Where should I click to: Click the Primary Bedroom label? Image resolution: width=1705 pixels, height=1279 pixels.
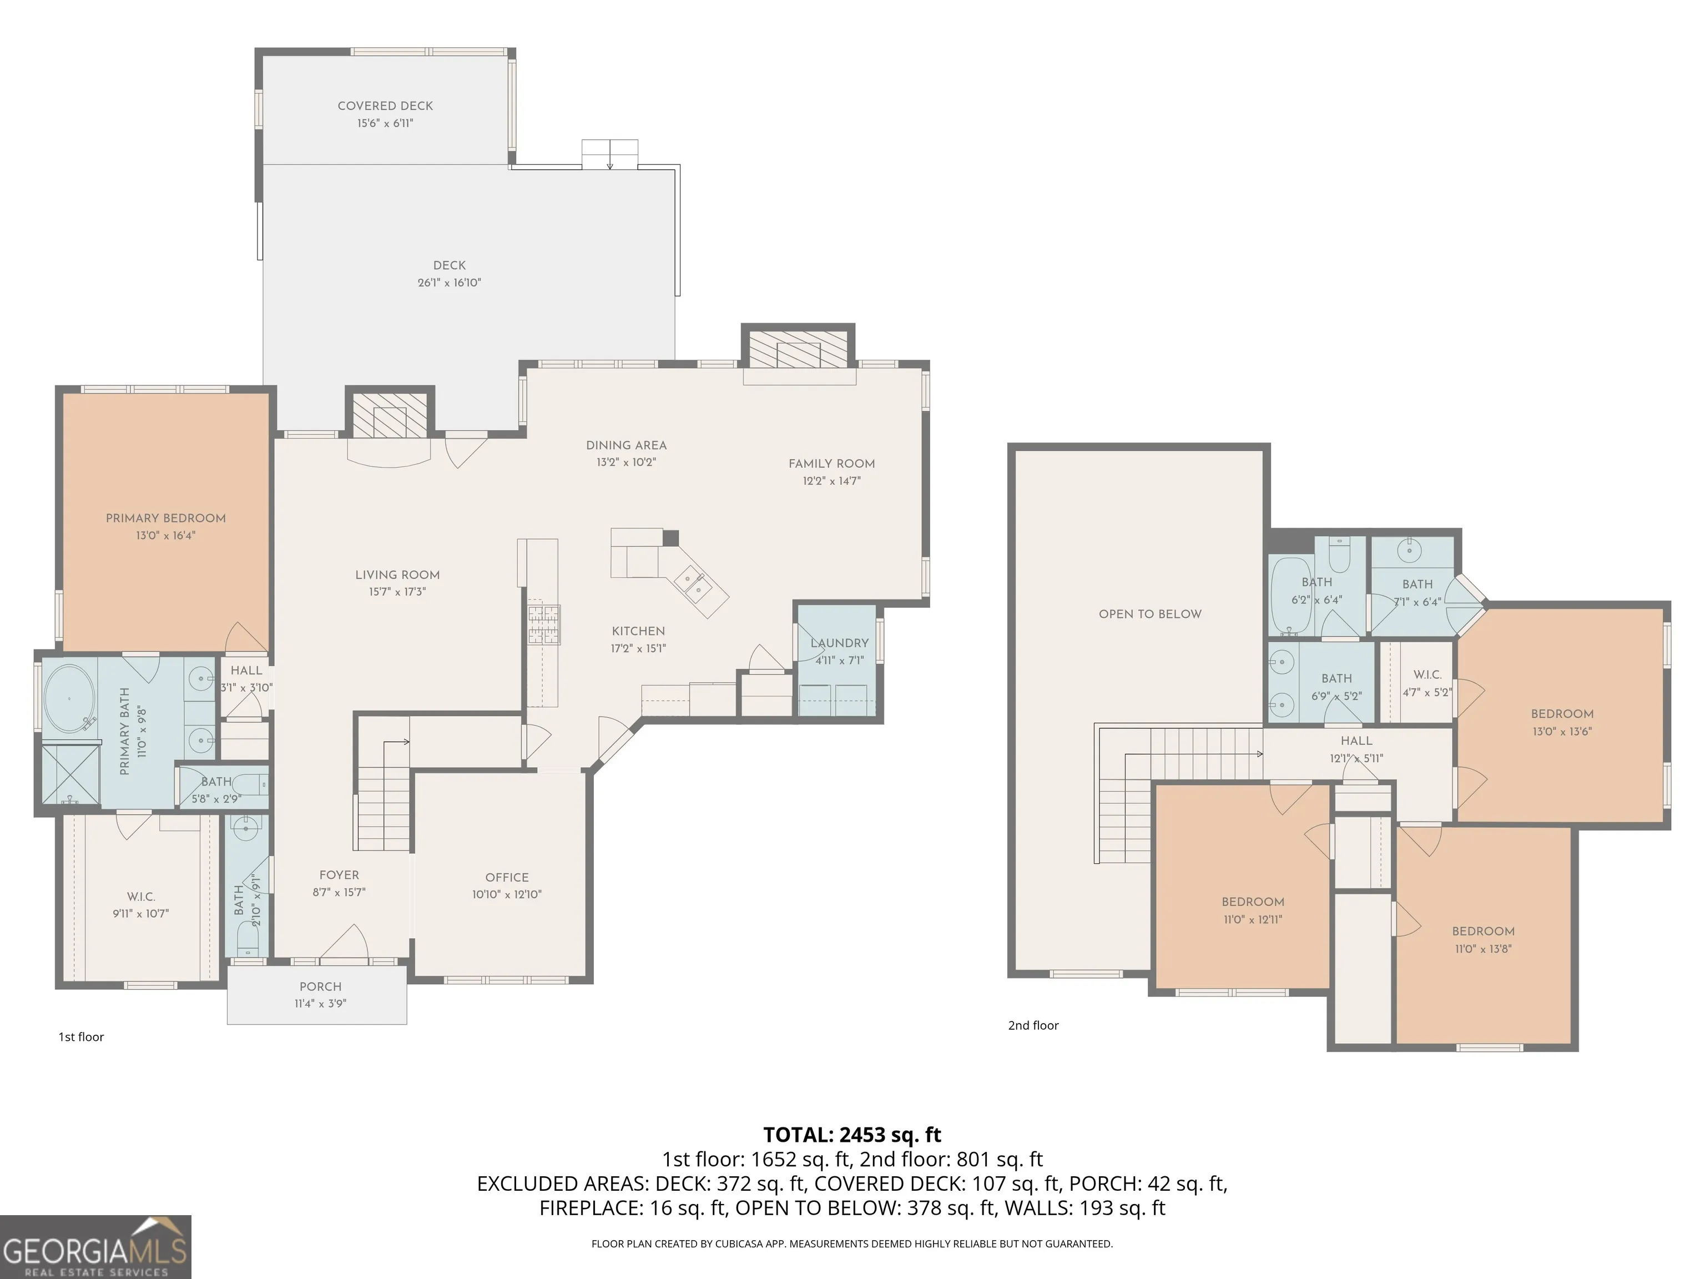click(x=166, y=518)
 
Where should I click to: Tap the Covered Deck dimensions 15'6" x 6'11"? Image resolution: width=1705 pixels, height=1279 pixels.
click(x=385, y=123)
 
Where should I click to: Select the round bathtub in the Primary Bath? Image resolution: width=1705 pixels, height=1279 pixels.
click(x=69, y=698)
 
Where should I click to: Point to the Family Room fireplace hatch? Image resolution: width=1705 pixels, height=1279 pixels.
click(x=799, y=350)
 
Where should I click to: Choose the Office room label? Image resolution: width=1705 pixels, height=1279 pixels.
click(x=507, y=877)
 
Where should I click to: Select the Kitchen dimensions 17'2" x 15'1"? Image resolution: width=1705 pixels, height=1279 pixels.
click(x=639, y=648)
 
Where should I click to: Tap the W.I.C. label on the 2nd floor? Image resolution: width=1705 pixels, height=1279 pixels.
click(x=1427, y=674)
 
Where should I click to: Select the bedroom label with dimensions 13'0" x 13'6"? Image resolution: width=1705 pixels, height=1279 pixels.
click(x=1562, y=714)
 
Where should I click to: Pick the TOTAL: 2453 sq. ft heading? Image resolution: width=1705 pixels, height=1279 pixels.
click(x=852, y=1135)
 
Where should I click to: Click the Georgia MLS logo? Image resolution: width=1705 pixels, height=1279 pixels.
click(x=95, y=1247)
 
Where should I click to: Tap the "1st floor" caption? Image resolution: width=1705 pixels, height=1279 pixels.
click(x=81, y=1037)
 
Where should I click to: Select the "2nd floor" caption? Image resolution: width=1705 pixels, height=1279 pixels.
click(x=1033, y=1025)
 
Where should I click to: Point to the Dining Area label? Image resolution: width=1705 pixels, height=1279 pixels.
click(x=627, y=445)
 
